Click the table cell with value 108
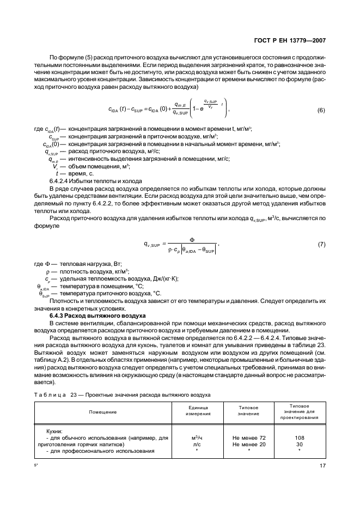pos(299,438)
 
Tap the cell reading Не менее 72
pos(249,438)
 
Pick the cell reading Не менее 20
pos(249,444)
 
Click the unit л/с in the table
pos(198,444)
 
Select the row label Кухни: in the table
pos(54,431)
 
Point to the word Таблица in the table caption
pos(50,395)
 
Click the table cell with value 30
pos(299,444)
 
